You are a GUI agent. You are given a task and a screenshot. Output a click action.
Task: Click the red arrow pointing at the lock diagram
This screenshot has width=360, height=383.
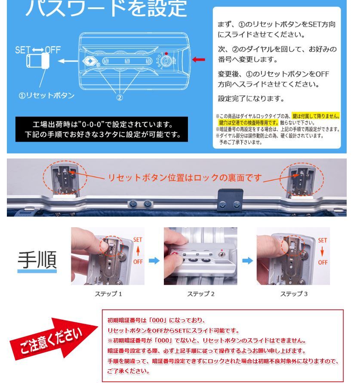click(199, 59)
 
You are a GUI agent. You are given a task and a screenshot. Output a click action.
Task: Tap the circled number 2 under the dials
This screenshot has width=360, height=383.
click(120, 97)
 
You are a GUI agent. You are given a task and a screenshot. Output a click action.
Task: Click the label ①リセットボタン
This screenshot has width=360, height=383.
click(46, 95)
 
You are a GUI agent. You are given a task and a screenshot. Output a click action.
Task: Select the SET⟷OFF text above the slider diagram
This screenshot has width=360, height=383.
click(38, 50)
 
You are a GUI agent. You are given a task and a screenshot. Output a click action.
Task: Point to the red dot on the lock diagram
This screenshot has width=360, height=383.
click(166, 53)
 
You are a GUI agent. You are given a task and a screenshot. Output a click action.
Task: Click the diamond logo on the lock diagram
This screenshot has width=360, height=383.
click(90, 61)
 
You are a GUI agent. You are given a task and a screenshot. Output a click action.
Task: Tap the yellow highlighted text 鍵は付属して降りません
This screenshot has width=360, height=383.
click(316, 116)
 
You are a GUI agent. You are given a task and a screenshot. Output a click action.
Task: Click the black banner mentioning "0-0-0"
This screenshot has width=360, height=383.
click(102, 129)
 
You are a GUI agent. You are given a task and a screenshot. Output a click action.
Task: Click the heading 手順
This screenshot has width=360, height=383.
click(37, 259)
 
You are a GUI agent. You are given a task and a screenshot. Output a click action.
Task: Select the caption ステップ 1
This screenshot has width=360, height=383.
click(108, 294)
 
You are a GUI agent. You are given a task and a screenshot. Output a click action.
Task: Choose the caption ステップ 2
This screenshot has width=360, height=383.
click(200, 294)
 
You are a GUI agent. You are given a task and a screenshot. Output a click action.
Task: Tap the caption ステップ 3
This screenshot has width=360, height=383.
click(294, 294)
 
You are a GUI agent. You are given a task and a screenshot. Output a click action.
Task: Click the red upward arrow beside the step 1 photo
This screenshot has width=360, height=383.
click(138, 251)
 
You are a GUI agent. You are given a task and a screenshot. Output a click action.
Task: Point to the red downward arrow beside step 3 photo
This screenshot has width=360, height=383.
click(322, 251)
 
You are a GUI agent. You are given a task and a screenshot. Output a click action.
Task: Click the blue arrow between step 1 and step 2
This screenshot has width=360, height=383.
click(154, 261)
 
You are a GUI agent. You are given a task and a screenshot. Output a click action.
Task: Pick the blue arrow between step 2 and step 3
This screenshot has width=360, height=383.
click(247, 261)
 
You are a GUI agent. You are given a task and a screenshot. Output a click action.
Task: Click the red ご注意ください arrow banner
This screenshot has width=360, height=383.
click(53, 338)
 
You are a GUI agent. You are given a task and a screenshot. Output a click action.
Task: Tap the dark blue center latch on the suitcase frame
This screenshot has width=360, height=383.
click(231, 200)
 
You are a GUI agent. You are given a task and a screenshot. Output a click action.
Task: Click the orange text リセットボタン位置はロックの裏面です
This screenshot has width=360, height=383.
click(185, 178)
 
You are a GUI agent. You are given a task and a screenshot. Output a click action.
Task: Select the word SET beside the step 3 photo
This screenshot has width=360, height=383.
click(323, 241)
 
